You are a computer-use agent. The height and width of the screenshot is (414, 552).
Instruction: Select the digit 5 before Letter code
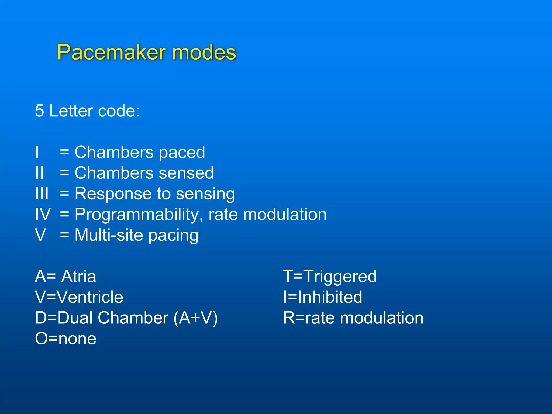point(39,111)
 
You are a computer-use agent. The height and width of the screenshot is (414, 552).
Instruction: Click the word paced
point(182,153)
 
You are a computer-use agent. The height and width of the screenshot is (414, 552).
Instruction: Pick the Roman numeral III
point(42,194)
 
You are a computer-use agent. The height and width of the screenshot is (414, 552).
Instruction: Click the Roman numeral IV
point(43,214)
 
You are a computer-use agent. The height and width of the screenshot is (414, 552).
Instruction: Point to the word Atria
point(78,277)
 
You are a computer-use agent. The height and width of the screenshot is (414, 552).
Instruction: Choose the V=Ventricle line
point(79,297)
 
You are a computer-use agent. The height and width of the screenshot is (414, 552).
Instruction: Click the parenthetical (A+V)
point(195,318)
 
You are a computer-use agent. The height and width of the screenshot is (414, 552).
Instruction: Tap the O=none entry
point(65,339)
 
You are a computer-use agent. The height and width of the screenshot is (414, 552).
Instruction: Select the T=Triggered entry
point(330,277)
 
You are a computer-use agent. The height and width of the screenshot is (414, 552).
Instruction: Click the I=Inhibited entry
point(322,297)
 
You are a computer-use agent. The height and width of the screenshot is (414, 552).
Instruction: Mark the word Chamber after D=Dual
point(133,318)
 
